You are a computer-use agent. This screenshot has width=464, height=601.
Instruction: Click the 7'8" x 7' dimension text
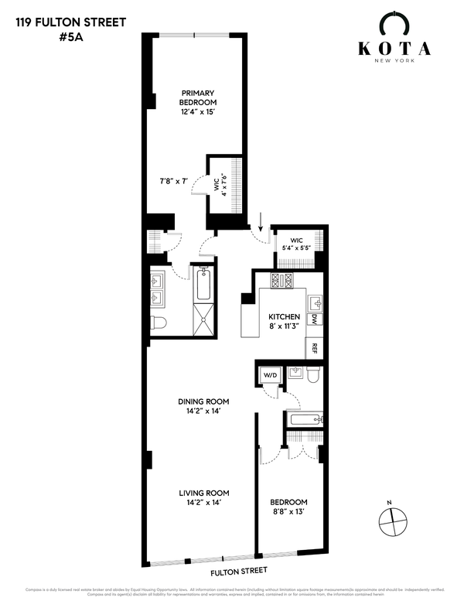click(174, 181)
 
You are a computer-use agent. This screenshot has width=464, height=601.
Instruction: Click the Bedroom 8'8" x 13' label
click(288, 506)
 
